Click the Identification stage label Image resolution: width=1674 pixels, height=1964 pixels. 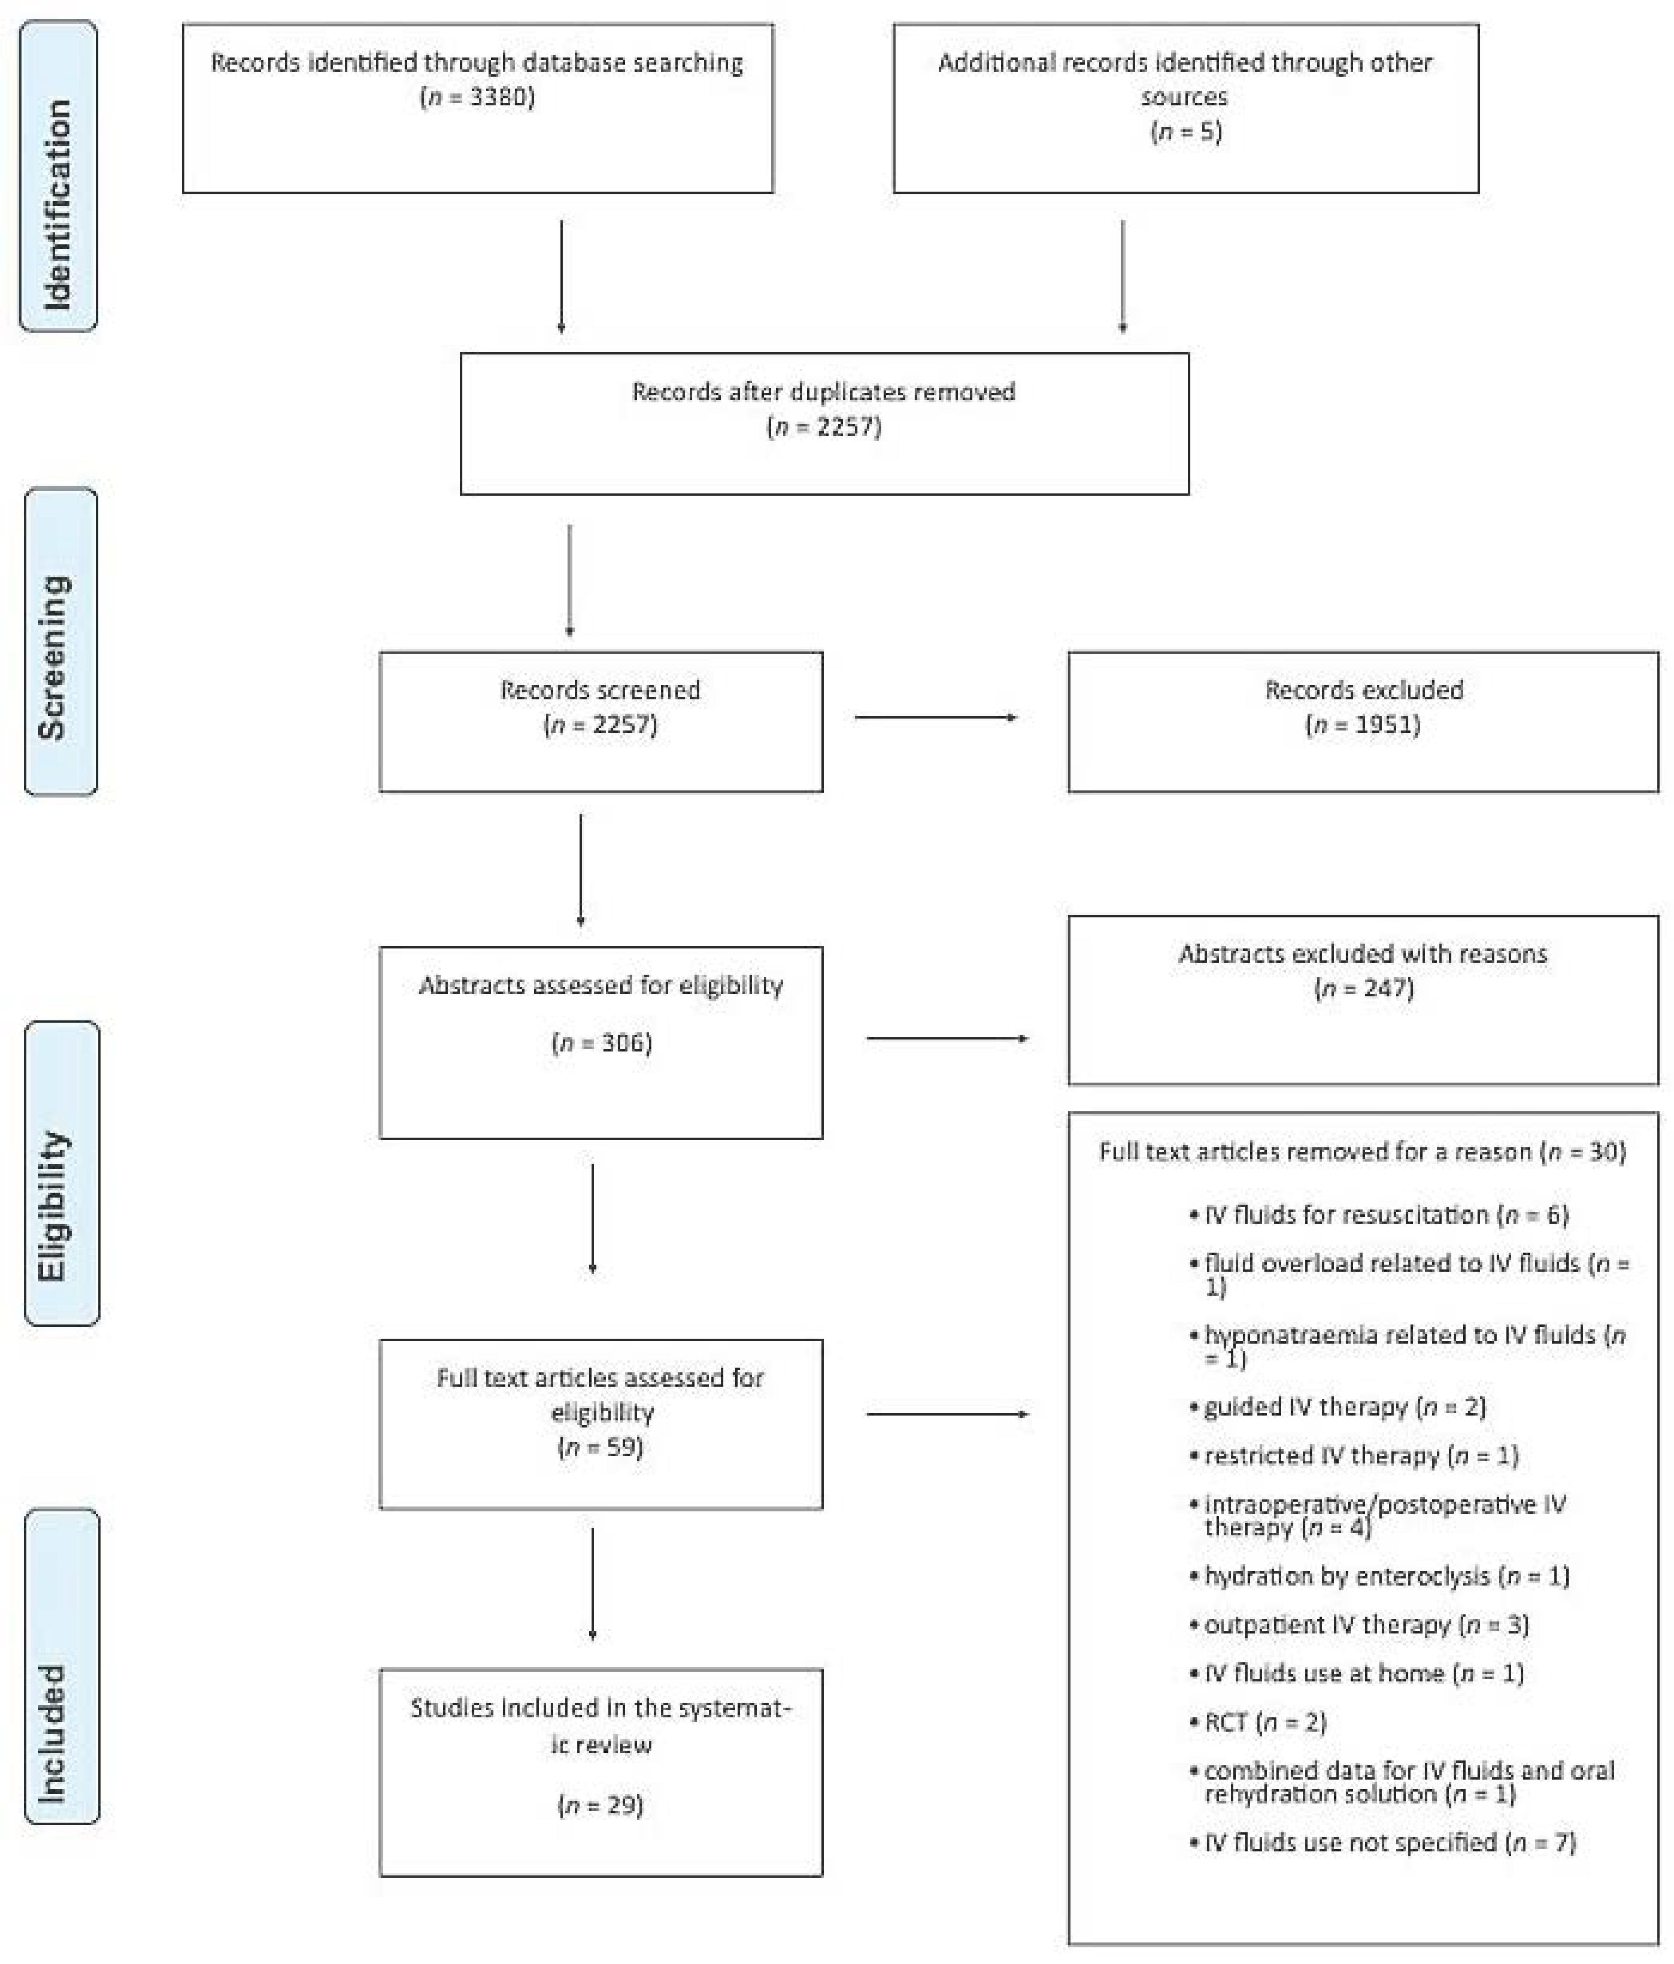click(x=58, y=176)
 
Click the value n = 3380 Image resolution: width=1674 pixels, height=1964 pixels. click(x=477, y=97)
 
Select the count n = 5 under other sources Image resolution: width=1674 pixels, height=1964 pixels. click(x=1185, y=131)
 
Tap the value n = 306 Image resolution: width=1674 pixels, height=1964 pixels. click(x=601, y=1043)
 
